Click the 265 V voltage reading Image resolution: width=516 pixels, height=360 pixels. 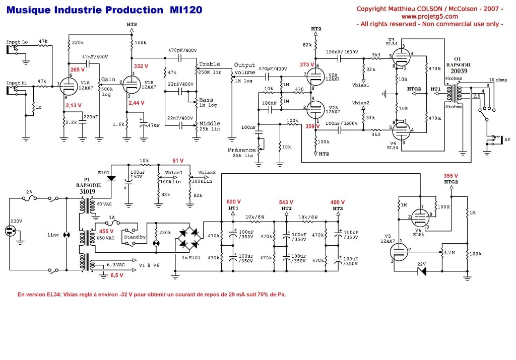(x=77, y=69)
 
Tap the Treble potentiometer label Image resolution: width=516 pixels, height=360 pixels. (x=210, y=64)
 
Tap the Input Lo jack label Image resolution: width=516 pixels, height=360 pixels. (x=17, y=42)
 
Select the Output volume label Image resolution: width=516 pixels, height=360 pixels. (x=245, y=68)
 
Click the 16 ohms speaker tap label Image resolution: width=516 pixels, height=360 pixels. (x=499, y=80)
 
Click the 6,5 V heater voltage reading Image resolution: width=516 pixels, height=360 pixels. (x=116, y=275)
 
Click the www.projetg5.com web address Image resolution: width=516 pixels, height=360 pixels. (x=430, y=16)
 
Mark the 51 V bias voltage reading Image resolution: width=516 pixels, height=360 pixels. (x=178, y=161)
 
